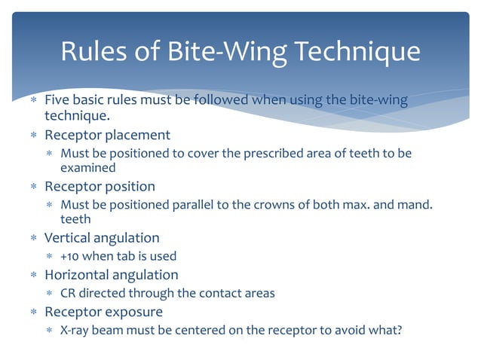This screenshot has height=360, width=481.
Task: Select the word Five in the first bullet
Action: pos(57,99)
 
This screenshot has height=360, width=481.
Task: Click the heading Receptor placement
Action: pos(107,136)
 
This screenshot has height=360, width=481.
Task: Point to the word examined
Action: pos(87,168)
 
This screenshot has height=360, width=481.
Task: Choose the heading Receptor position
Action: pos(100,186)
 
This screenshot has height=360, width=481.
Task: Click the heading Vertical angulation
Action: pos(102,237)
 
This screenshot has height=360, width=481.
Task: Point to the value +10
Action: pos(69,256)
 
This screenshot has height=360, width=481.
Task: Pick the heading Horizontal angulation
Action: pos(112,275)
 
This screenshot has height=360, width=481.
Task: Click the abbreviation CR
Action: pos(68,293)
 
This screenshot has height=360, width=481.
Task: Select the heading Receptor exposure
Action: pos(103,311)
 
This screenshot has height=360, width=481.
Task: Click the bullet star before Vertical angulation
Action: pos(33,238)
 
